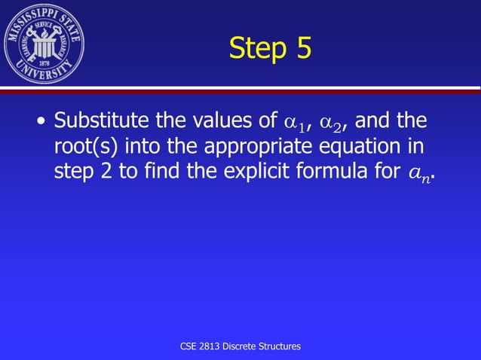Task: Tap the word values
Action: (x=219, y=121)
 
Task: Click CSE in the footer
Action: (x=190, y=346)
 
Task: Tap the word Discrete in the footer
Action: (x=247, y=346)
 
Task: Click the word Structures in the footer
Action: (x=283, y=346)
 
